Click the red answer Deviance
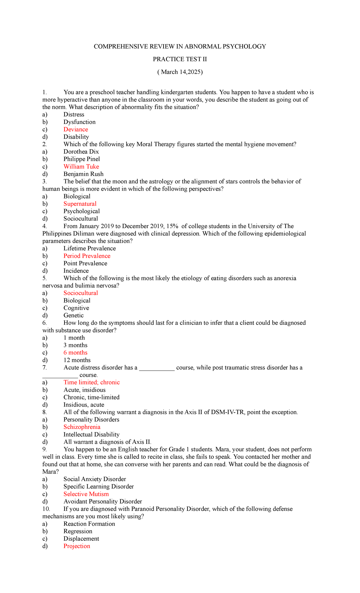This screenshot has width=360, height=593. (76, 129)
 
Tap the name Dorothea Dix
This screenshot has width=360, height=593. (81, 152)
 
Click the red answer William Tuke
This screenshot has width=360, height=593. (81, 167)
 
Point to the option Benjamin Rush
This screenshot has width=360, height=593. (83, 174)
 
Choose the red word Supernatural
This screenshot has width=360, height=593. (80, 204)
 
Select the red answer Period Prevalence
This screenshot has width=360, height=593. (87, 256)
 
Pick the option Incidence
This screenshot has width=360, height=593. (76, 271)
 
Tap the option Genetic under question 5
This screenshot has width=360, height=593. (73, 315)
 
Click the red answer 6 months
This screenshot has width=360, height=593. (75, 353)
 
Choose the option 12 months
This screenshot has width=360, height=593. (77, 360)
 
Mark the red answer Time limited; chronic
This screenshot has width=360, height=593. (91, 382)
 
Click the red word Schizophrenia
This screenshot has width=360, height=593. (82, 427)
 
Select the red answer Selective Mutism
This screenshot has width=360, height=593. (86, 494)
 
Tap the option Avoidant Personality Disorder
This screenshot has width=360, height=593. (103, 501)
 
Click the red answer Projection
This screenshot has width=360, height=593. (77, 546)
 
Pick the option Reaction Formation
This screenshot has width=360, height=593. (89, 524)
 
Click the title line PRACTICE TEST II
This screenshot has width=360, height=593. (180, 59)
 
